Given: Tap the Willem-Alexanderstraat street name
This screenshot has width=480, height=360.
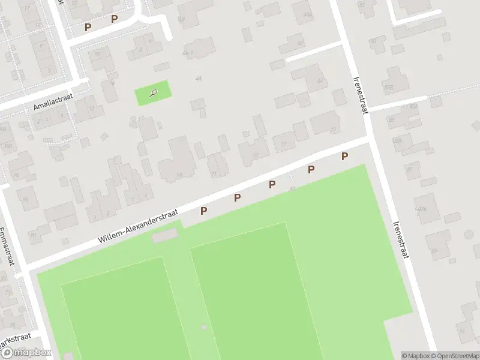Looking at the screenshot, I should [x=139, y=227].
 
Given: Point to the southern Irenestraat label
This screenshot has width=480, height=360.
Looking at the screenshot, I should [x=401, y=238].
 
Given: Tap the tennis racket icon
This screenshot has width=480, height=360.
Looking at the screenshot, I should [x=154, y=94].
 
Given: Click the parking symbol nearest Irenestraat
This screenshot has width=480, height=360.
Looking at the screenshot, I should [x=344, y=157].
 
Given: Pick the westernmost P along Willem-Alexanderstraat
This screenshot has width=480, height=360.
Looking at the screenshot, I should [x=203, y=211].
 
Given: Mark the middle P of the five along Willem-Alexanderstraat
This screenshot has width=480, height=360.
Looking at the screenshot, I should [x=272, y=184].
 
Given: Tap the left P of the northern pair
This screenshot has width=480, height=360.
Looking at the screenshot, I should [x=88, y=27].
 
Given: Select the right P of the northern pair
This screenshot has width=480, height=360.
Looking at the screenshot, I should [x=114, y=19].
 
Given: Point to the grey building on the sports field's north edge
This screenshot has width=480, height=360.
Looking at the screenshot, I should [x=164, y=236].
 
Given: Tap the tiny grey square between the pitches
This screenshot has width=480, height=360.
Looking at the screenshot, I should [x=204, y=327].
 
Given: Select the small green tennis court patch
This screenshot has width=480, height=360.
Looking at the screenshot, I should [x=152, y=94].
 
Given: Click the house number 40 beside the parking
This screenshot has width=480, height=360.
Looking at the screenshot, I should [x=292, y=189].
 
